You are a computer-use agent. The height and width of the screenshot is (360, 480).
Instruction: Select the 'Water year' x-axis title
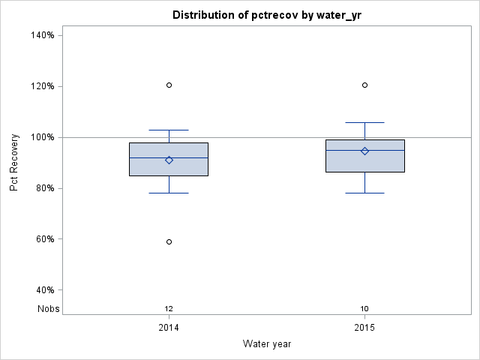267,343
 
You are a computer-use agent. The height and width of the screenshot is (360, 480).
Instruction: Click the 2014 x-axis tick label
169,328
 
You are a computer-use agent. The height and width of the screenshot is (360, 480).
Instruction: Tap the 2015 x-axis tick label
364,328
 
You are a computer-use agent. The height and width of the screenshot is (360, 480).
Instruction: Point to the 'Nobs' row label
48,308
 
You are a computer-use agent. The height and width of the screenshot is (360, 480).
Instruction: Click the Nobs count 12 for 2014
169,308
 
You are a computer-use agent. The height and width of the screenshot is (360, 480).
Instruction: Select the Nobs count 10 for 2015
364,308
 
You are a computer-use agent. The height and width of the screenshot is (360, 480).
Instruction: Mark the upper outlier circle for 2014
169,85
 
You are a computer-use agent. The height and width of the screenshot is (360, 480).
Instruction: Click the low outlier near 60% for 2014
169,241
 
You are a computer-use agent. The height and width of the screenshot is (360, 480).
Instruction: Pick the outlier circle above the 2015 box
364,85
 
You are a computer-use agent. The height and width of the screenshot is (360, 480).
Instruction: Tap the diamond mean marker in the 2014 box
169,160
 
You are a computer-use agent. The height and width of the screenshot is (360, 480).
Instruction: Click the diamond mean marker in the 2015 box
364,151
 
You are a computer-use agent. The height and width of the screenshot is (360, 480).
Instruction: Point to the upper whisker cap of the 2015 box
364,122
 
